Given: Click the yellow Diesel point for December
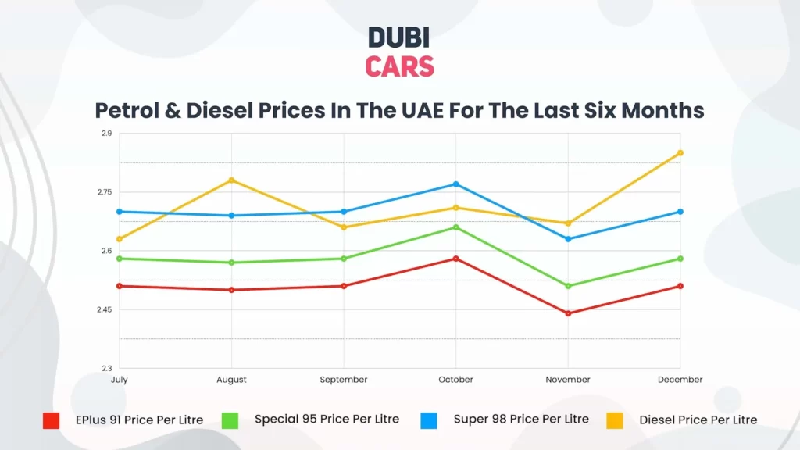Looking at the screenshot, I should [x=680, y=152].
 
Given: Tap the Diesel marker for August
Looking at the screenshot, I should [x=231, y=180].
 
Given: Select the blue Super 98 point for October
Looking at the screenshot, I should [x=456, y=184].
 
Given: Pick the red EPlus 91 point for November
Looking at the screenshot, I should [x=568, y=313].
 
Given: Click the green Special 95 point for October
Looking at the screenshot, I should [x=456, y=227].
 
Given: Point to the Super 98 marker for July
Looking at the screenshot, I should [x=119, y=212].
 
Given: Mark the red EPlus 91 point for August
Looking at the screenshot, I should [x=231, y=290].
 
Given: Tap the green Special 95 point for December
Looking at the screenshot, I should [x=680, y=259].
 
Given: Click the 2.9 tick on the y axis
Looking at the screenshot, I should [x=106, y=134].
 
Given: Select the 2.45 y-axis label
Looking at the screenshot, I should [x=104, y=310].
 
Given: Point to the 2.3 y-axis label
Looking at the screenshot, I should [x=106, y=369].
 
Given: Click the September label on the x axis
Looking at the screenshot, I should [x=344, y=380].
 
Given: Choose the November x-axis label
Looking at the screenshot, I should [x=568, y=380].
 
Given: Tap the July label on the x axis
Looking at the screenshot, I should [x=119, y=380].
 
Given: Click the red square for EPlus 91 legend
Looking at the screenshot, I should [x=52, y=420].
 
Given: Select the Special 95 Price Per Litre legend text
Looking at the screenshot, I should [x=327, y=420].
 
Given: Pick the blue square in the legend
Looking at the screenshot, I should [x=429, y=420].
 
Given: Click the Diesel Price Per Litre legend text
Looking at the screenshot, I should [x=698, y=420].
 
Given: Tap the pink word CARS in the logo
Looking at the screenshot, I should [x=399, y=66].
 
